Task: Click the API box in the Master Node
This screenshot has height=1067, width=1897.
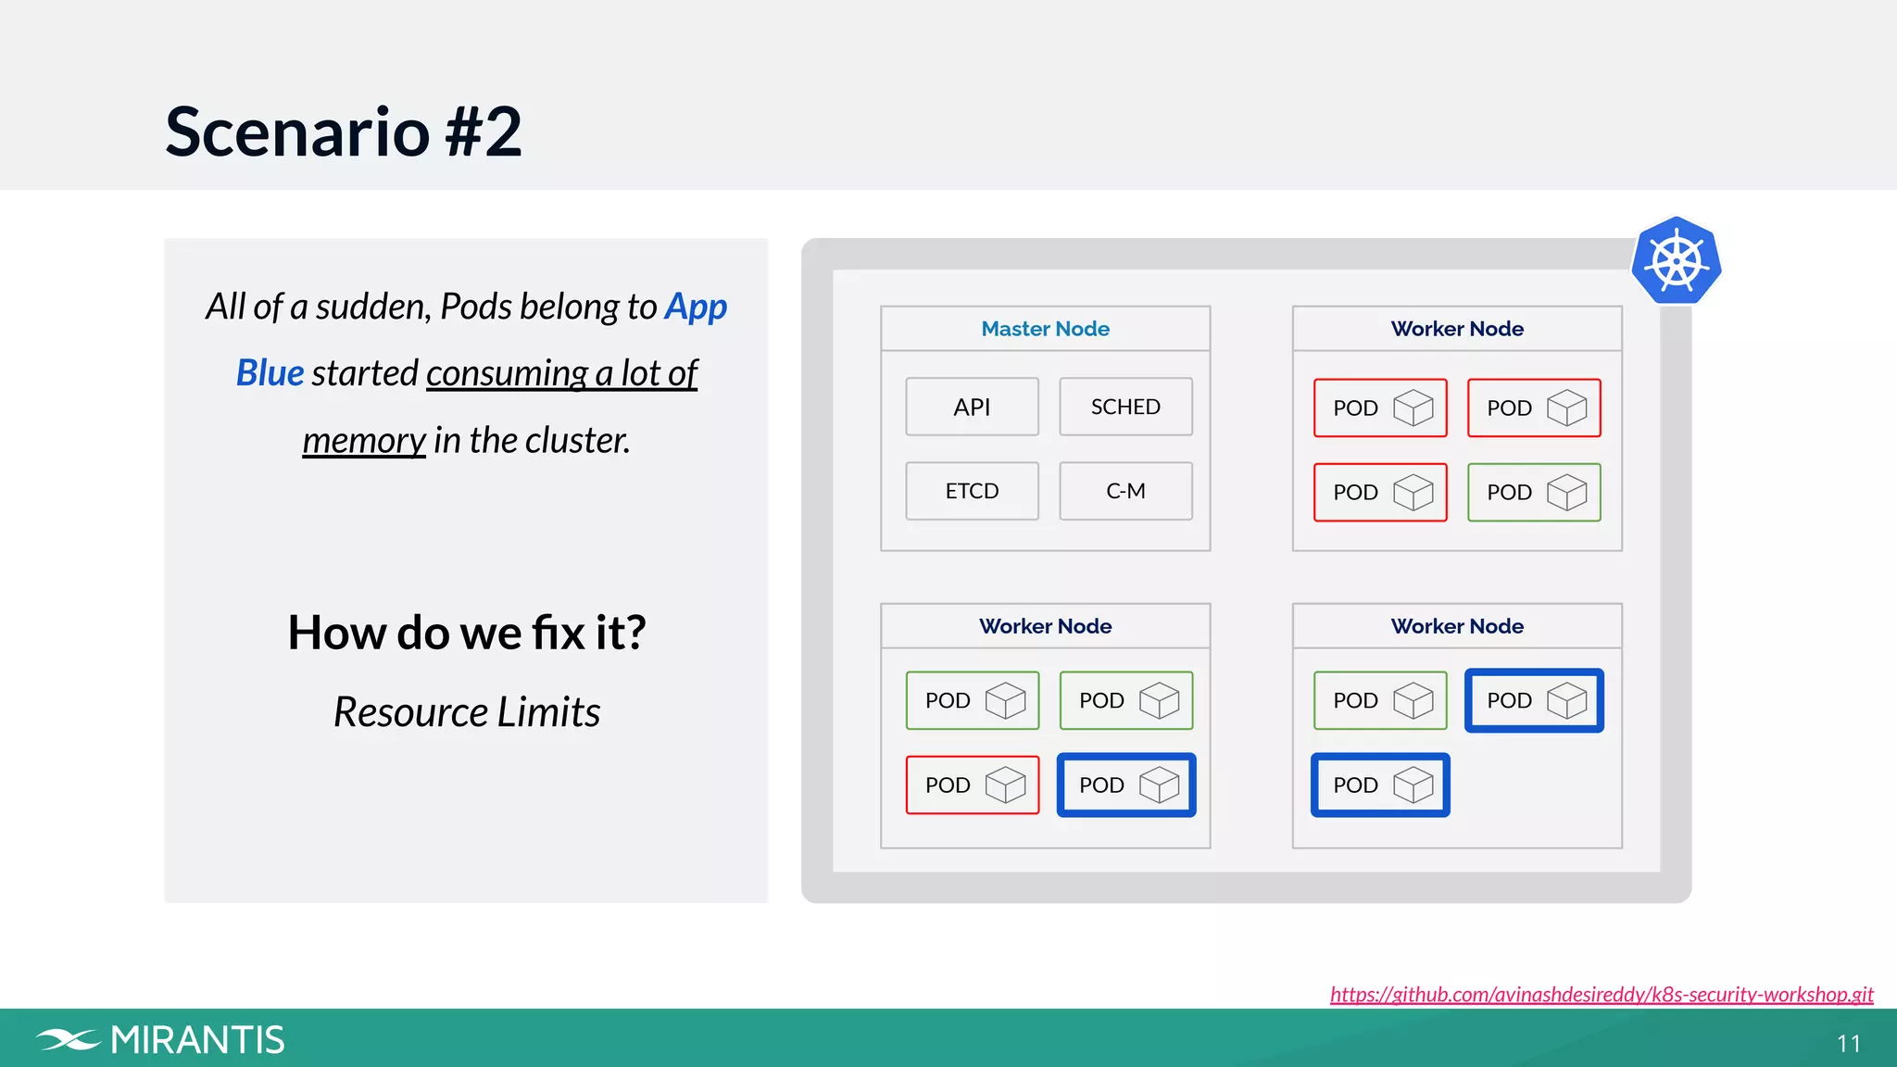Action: point(972,407)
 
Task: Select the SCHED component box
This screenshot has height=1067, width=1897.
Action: point(1125,407)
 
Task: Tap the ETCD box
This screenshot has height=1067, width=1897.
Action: point(972,491)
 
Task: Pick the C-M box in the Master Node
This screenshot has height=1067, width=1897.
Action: point(1125,491)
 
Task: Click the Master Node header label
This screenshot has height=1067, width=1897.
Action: point(1045,329)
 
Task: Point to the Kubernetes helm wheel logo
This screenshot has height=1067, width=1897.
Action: point(1676,261)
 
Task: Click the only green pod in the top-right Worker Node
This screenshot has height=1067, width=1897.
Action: point(1534,492)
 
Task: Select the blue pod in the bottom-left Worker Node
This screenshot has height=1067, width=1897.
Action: point(1125,785)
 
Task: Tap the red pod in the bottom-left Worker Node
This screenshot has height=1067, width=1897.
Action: point(972,785)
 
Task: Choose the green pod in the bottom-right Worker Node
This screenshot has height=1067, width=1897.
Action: point(1379,700)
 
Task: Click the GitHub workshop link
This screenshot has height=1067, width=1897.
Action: point(1601,994)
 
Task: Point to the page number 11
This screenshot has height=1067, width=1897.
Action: point(1848,1044)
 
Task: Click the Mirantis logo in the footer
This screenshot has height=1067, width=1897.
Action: point(161,1040)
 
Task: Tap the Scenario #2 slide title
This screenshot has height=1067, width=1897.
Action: point(343,132)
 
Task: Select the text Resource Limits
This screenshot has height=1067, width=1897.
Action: point(466,712)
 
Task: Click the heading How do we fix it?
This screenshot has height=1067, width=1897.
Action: point(466,633)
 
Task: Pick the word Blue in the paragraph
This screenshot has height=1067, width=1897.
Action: point(270,373)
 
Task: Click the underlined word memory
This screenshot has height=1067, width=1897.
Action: point(363,440)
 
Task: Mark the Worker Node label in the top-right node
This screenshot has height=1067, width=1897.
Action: point(1456,329)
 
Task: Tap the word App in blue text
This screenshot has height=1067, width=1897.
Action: point(696,307)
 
